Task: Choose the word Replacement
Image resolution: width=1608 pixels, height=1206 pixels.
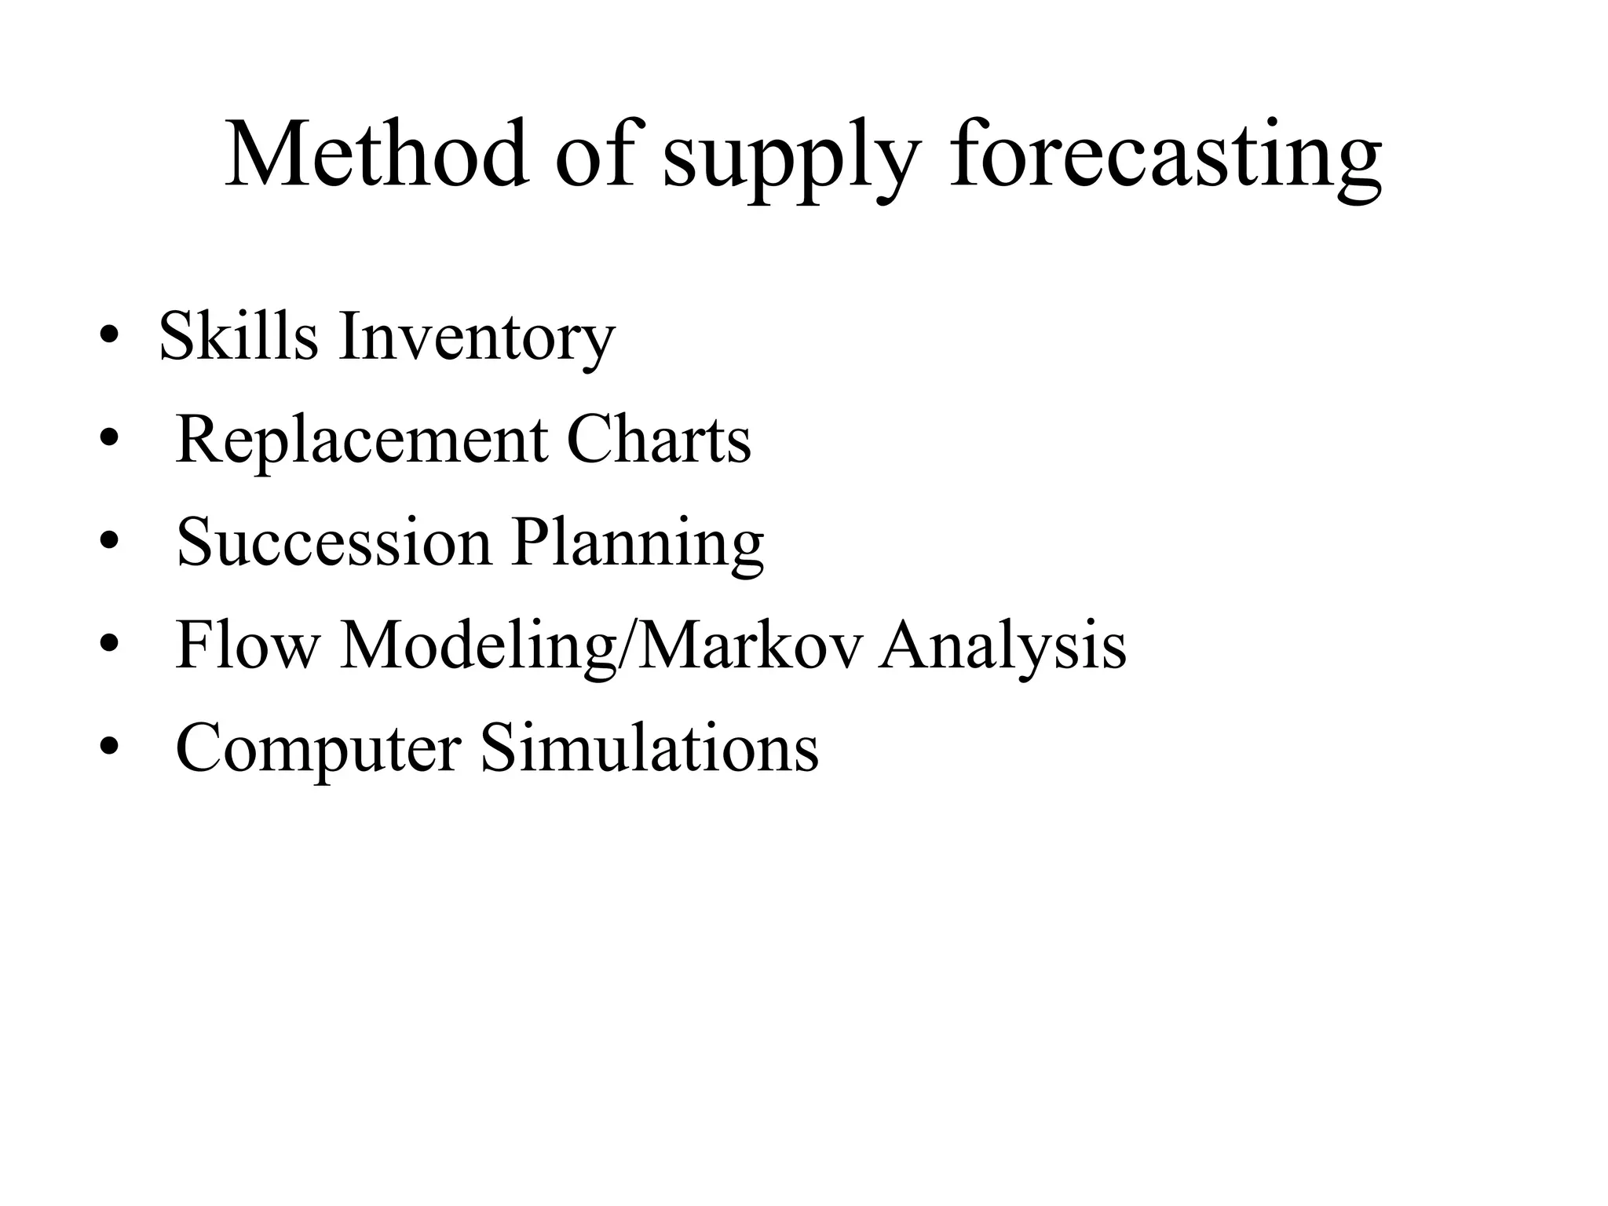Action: (361, 441)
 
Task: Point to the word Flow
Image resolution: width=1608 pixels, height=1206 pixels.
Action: (248, 645)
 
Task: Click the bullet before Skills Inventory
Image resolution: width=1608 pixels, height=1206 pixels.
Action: (109, 340)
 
